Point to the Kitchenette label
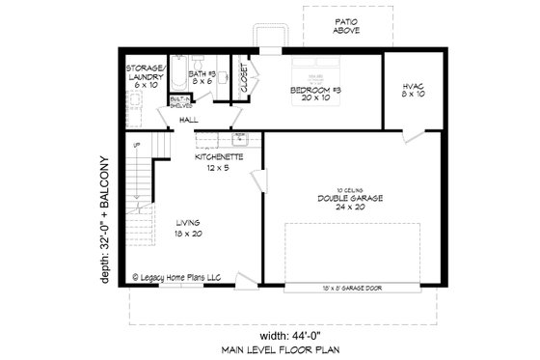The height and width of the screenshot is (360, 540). [x=218, y=161]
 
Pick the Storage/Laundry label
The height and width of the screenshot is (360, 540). [x=146, y=75]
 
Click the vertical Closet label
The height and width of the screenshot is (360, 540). [x=243, y=79]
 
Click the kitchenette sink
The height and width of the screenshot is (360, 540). [x=239, y=136]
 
